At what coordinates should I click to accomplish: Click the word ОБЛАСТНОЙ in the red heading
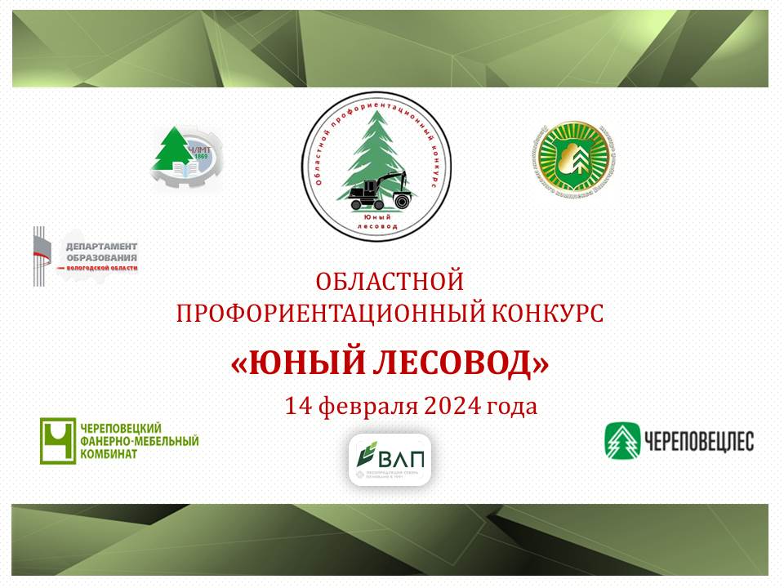pos(390,282)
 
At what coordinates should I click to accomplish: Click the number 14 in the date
pos(297,406)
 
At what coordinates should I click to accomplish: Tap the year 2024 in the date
pos(453,406)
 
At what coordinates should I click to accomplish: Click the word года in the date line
pos(512,406)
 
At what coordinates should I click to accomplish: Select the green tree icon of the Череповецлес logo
pos(622,441)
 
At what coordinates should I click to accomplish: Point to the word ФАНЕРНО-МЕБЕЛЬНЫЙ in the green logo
pos(139,441)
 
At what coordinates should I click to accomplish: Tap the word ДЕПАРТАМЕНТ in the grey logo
pos(100,247)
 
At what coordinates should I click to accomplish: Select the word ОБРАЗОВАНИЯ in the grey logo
pos(100,258)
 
